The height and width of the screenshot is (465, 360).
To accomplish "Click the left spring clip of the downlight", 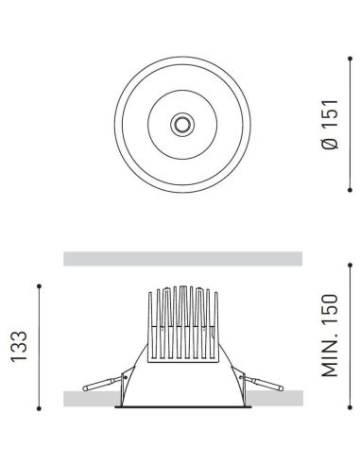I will coord(102,383).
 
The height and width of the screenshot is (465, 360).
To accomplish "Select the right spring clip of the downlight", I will coord(262,383).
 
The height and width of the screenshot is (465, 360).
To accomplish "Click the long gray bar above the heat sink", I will coord(182,259).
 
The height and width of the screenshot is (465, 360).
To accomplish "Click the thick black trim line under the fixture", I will coord(182,409).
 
